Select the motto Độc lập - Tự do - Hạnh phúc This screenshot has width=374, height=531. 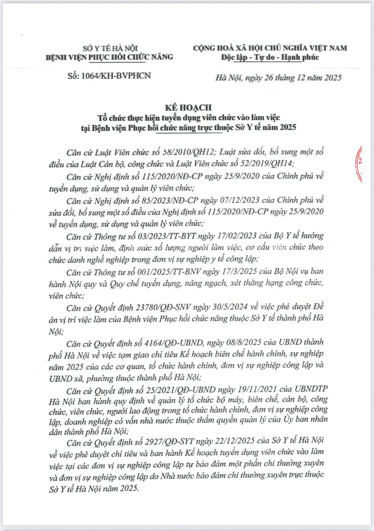pyautogui.click(x=270, y=57)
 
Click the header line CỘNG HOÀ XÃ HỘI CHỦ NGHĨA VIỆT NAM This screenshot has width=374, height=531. pyautogui.click(x=270, y=48)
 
